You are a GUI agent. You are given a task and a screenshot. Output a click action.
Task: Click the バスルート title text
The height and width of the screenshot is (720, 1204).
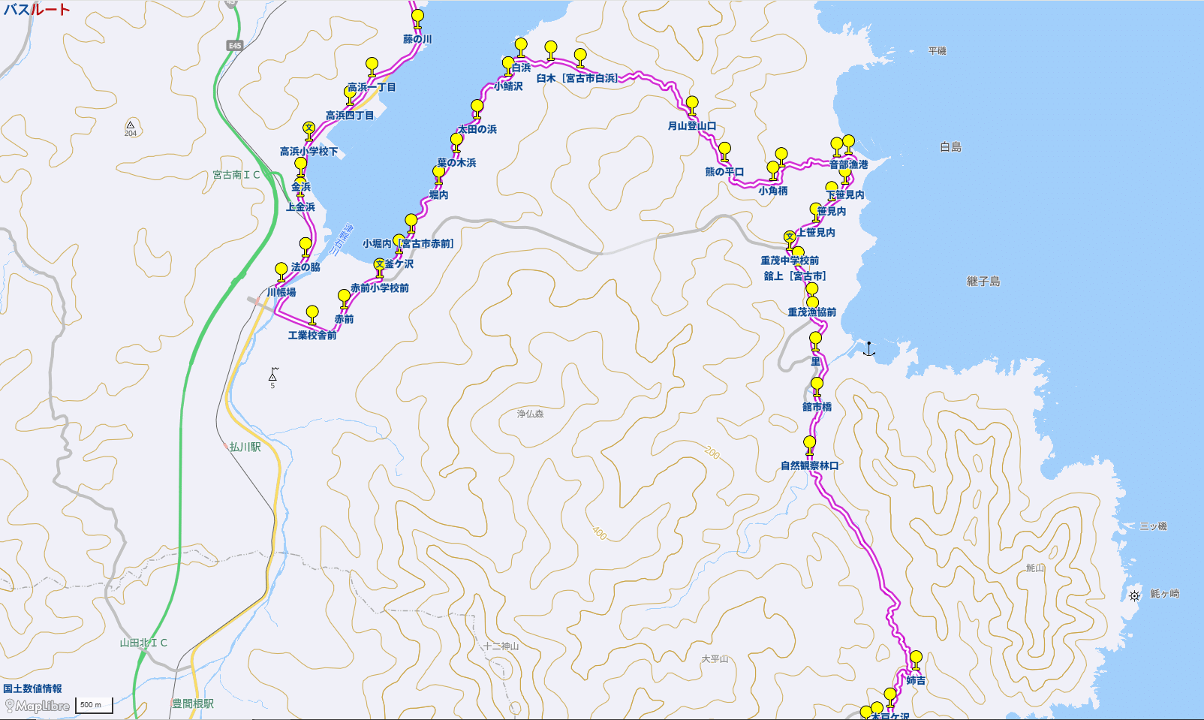point(37,10)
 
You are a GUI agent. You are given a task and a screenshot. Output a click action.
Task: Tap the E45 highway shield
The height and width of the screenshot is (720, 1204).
point(235,46)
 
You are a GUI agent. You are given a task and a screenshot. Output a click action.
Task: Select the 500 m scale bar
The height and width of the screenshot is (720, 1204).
point(94,705)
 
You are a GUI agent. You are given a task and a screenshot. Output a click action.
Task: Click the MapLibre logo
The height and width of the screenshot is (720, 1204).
point(38,706)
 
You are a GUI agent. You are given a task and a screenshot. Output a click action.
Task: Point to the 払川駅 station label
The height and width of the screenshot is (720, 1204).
point(245,447)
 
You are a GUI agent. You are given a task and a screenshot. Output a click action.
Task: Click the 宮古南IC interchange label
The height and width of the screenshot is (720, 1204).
point(236,175)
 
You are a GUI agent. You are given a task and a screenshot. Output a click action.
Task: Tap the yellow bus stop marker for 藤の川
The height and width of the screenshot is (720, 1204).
point(418,17)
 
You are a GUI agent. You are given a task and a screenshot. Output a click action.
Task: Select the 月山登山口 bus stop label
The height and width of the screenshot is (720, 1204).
point(691,126)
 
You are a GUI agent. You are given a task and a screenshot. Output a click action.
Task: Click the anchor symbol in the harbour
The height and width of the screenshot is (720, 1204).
point(868,348)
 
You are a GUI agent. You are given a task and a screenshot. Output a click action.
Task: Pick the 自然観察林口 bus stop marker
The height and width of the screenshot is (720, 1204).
point(809,443)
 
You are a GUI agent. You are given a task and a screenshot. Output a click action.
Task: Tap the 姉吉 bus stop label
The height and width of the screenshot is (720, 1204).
point(916,681)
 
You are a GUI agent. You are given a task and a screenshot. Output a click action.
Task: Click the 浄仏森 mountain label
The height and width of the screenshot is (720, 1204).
point(530,414)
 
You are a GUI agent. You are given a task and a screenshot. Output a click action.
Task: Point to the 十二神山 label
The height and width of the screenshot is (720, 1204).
point(501,646)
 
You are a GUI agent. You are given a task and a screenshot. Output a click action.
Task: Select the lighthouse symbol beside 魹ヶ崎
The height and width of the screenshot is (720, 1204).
point(1134,595)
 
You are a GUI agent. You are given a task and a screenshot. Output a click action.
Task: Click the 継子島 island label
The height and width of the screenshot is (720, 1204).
point(983,282)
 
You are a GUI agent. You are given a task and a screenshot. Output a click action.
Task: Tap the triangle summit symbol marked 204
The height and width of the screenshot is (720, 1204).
point(131,125)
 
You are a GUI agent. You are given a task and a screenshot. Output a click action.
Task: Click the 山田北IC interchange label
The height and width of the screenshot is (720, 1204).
point(143,643)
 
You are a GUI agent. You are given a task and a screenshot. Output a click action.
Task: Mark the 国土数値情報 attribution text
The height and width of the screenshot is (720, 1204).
point(32,688)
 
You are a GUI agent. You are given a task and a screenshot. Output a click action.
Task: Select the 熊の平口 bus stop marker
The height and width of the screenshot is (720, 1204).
point(724,149)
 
